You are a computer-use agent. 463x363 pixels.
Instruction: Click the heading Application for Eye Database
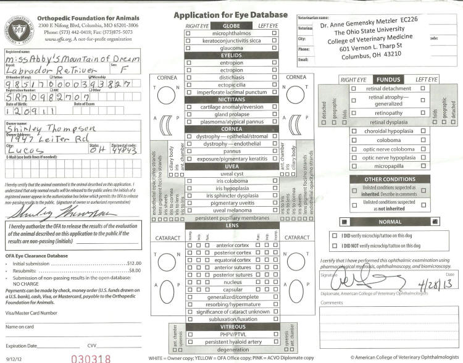(230, 14)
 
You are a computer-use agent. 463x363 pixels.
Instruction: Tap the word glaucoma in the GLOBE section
(231, 47)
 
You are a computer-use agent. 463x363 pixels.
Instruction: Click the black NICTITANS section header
(231, 99)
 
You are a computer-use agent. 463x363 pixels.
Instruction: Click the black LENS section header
(231, 226)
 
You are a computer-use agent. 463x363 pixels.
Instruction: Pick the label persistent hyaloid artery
(231, 341)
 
